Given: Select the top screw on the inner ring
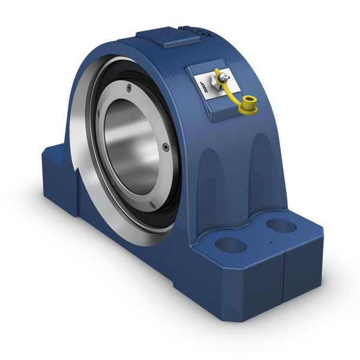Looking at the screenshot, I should (x=129, y=89).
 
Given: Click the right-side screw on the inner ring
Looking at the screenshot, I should (x=165, y=145).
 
